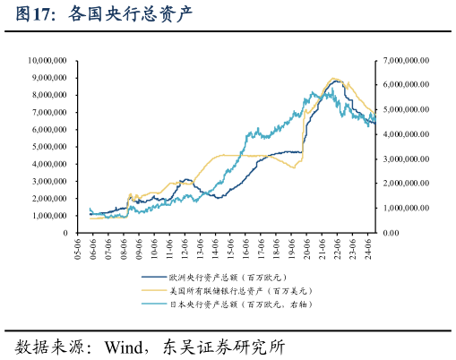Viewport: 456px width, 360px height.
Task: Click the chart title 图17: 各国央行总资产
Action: (99, 15)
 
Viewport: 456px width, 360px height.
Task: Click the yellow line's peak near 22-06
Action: (333, 79)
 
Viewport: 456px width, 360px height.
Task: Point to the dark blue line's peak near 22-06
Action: (336, 81)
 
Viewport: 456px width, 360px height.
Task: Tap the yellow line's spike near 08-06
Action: (130, 193)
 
